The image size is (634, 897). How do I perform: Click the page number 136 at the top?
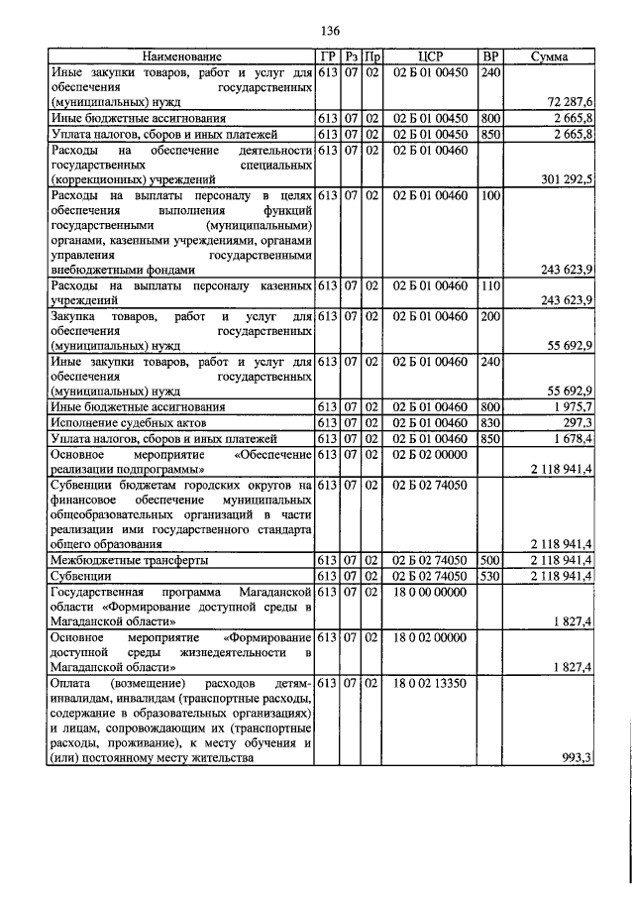click(316, 28)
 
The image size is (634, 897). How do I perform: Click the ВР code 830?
click(489, 422)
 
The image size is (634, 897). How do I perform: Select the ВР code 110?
click(489, 286)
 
